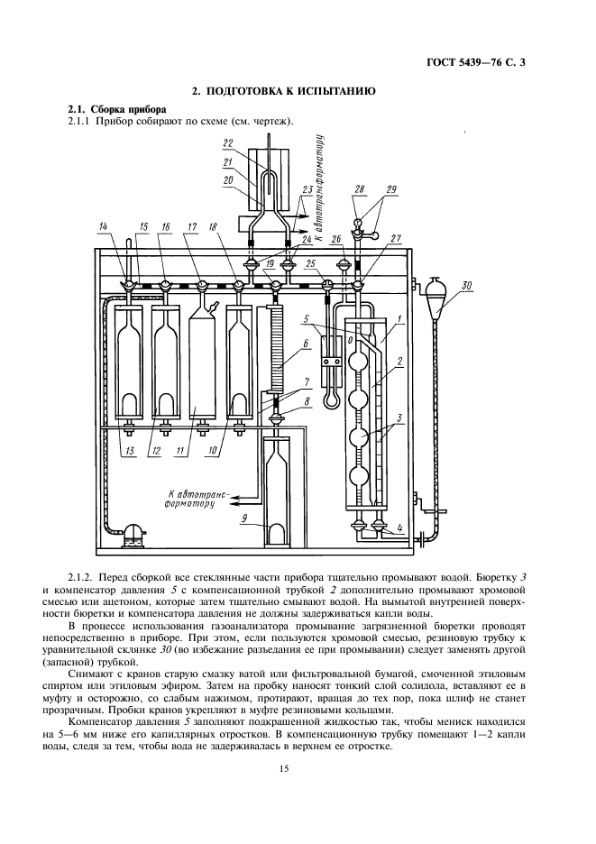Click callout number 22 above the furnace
pyautogui.click(x=228, y=142)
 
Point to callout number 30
pyautogui.click(x=466, y=287)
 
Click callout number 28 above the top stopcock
pyautogui.click(x=360, y=189)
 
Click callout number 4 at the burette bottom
pyautogui.click(x=399, y=528)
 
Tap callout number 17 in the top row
pyautogui.click(x=189, y=226)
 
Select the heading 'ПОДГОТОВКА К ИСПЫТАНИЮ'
pyautogui.click(x=289, y=91)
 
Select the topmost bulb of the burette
pyautogui.click(x=358, y=360)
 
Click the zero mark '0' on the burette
pyautogui.click(x=350, y=341)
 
